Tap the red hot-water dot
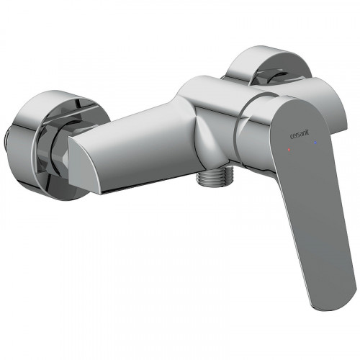point(289,150)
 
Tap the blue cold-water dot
point(315,143)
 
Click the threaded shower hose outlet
point(215,176)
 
